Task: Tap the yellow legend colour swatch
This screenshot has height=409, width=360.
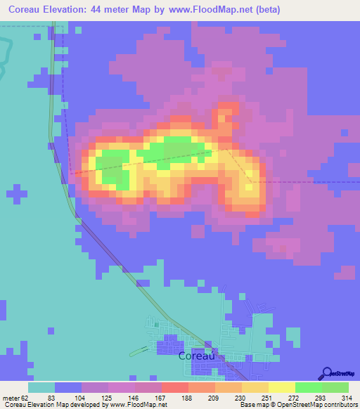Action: coord(282,387)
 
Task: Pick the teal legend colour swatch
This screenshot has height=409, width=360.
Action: coord(41,387)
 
